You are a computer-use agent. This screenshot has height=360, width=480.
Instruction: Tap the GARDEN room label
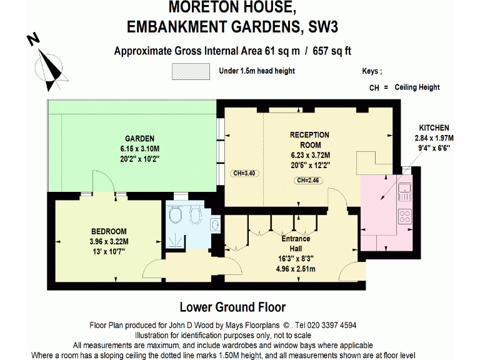[x=139, y=139]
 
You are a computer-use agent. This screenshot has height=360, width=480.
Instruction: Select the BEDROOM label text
[x=109, y=231]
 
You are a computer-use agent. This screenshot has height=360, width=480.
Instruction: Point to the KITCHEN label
[x=434, y=128]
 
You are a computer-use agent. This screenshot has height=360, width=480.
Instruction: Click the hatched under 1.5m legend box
[x=191, y=72]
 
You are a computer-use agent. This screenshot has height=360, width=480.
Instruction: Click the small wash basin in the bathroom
[x=215, y=223]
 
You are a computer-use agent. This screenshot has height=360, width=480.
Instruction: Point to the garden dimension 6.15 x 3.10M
[x=139, y=149]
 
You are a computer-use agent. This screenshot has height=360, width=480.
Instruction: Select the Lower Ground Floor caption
[x=232, y=307]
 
